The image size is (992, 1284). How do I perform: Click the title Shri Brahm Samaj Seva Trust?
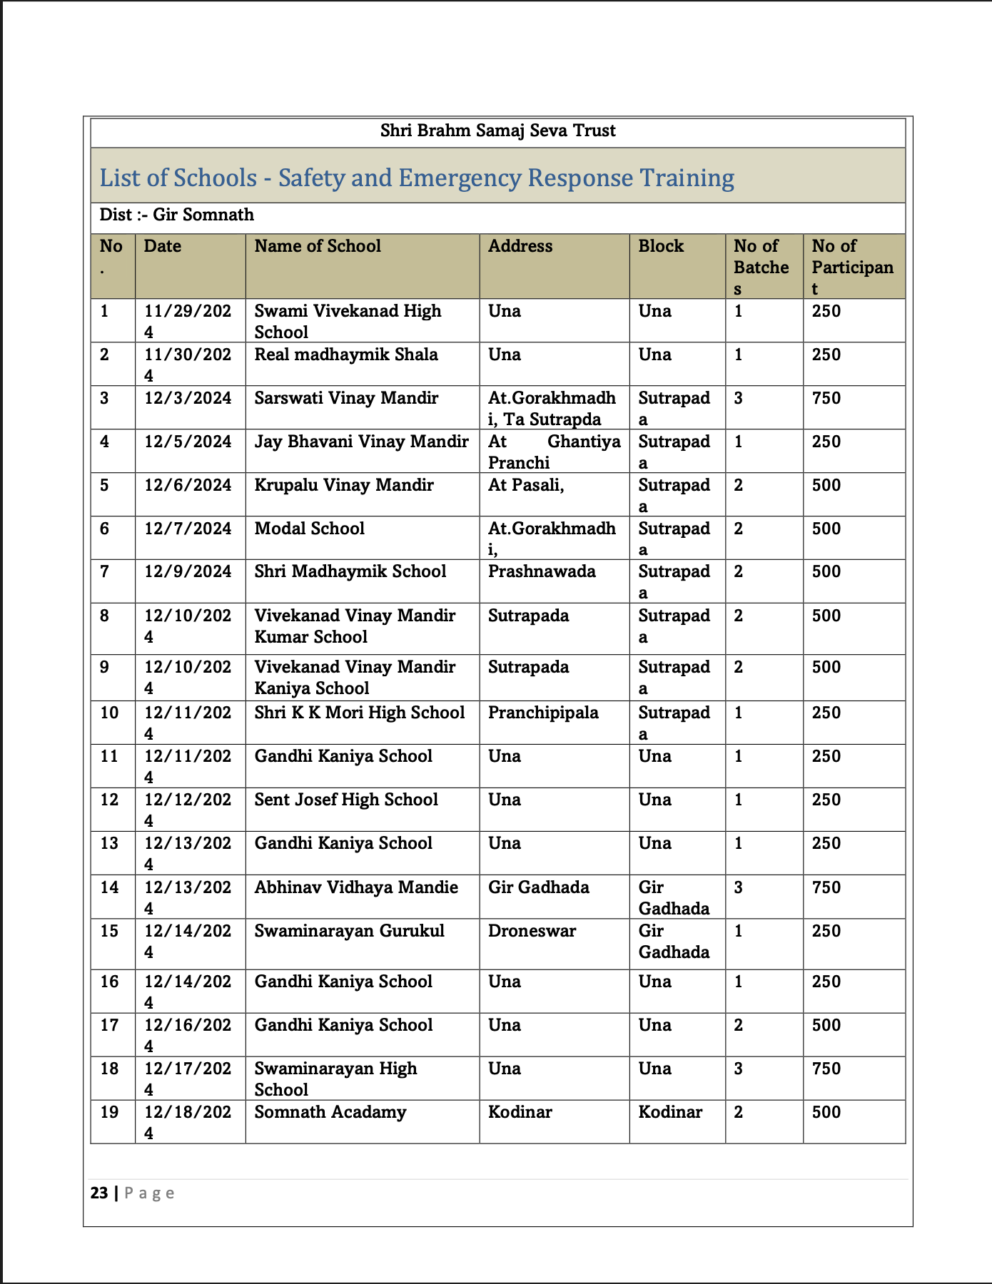[x=497, y=131]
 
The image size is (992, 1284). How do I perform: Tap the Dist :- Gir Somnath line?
[x=176, y=215]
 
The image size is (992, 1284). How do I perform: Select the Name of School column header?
[x=318, y=247]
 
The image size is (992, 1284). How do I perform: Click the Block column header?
[x=661, y=247]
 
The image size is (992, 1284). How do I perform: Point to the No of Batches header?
[x=761, y=267]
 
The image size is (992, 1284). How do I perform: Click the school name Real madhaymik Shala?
[x=346, y=355]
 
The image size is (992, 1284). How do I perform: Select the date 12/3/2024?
[x=188, y=399]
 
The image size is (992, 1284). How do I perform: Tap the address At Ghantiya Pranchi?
[x=554, y=452]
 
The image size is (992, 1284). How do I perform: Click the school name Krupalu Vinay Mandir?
[x=344, y=486]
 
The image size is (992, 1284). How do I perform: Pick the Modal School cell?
[x=309, y=529]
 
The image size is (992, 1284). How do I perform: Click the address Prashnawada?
[x=542, y=572]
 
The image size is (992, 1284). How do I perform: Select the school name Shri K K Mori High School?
[x=360, y=713]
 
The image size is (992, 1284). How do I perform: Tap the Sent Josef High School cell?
[x=346, y=800]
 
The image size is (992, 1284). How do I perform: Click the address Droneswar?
[x=532, y=932]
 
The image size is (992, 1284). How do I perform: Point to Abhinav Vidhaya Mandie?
[x=356, y=888]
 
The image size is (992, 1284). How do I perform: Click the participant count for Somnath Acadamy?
[x=826, y=1113]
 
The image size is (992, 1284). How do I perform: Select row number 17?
[x=109, y=1026]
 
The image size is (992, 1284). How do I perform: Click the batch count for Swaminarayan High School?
[x=739, y=1069]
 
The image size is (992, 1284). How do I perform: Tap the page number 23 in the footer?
[x=99, y=1193]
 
